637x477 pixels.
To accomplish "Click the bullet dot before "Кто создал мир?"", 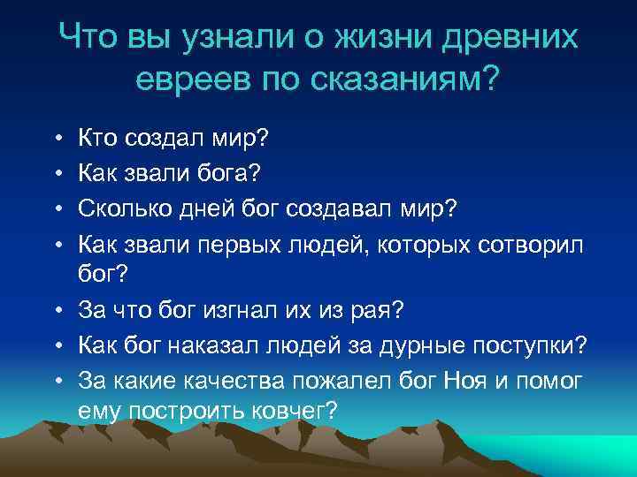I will point(56,139).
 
